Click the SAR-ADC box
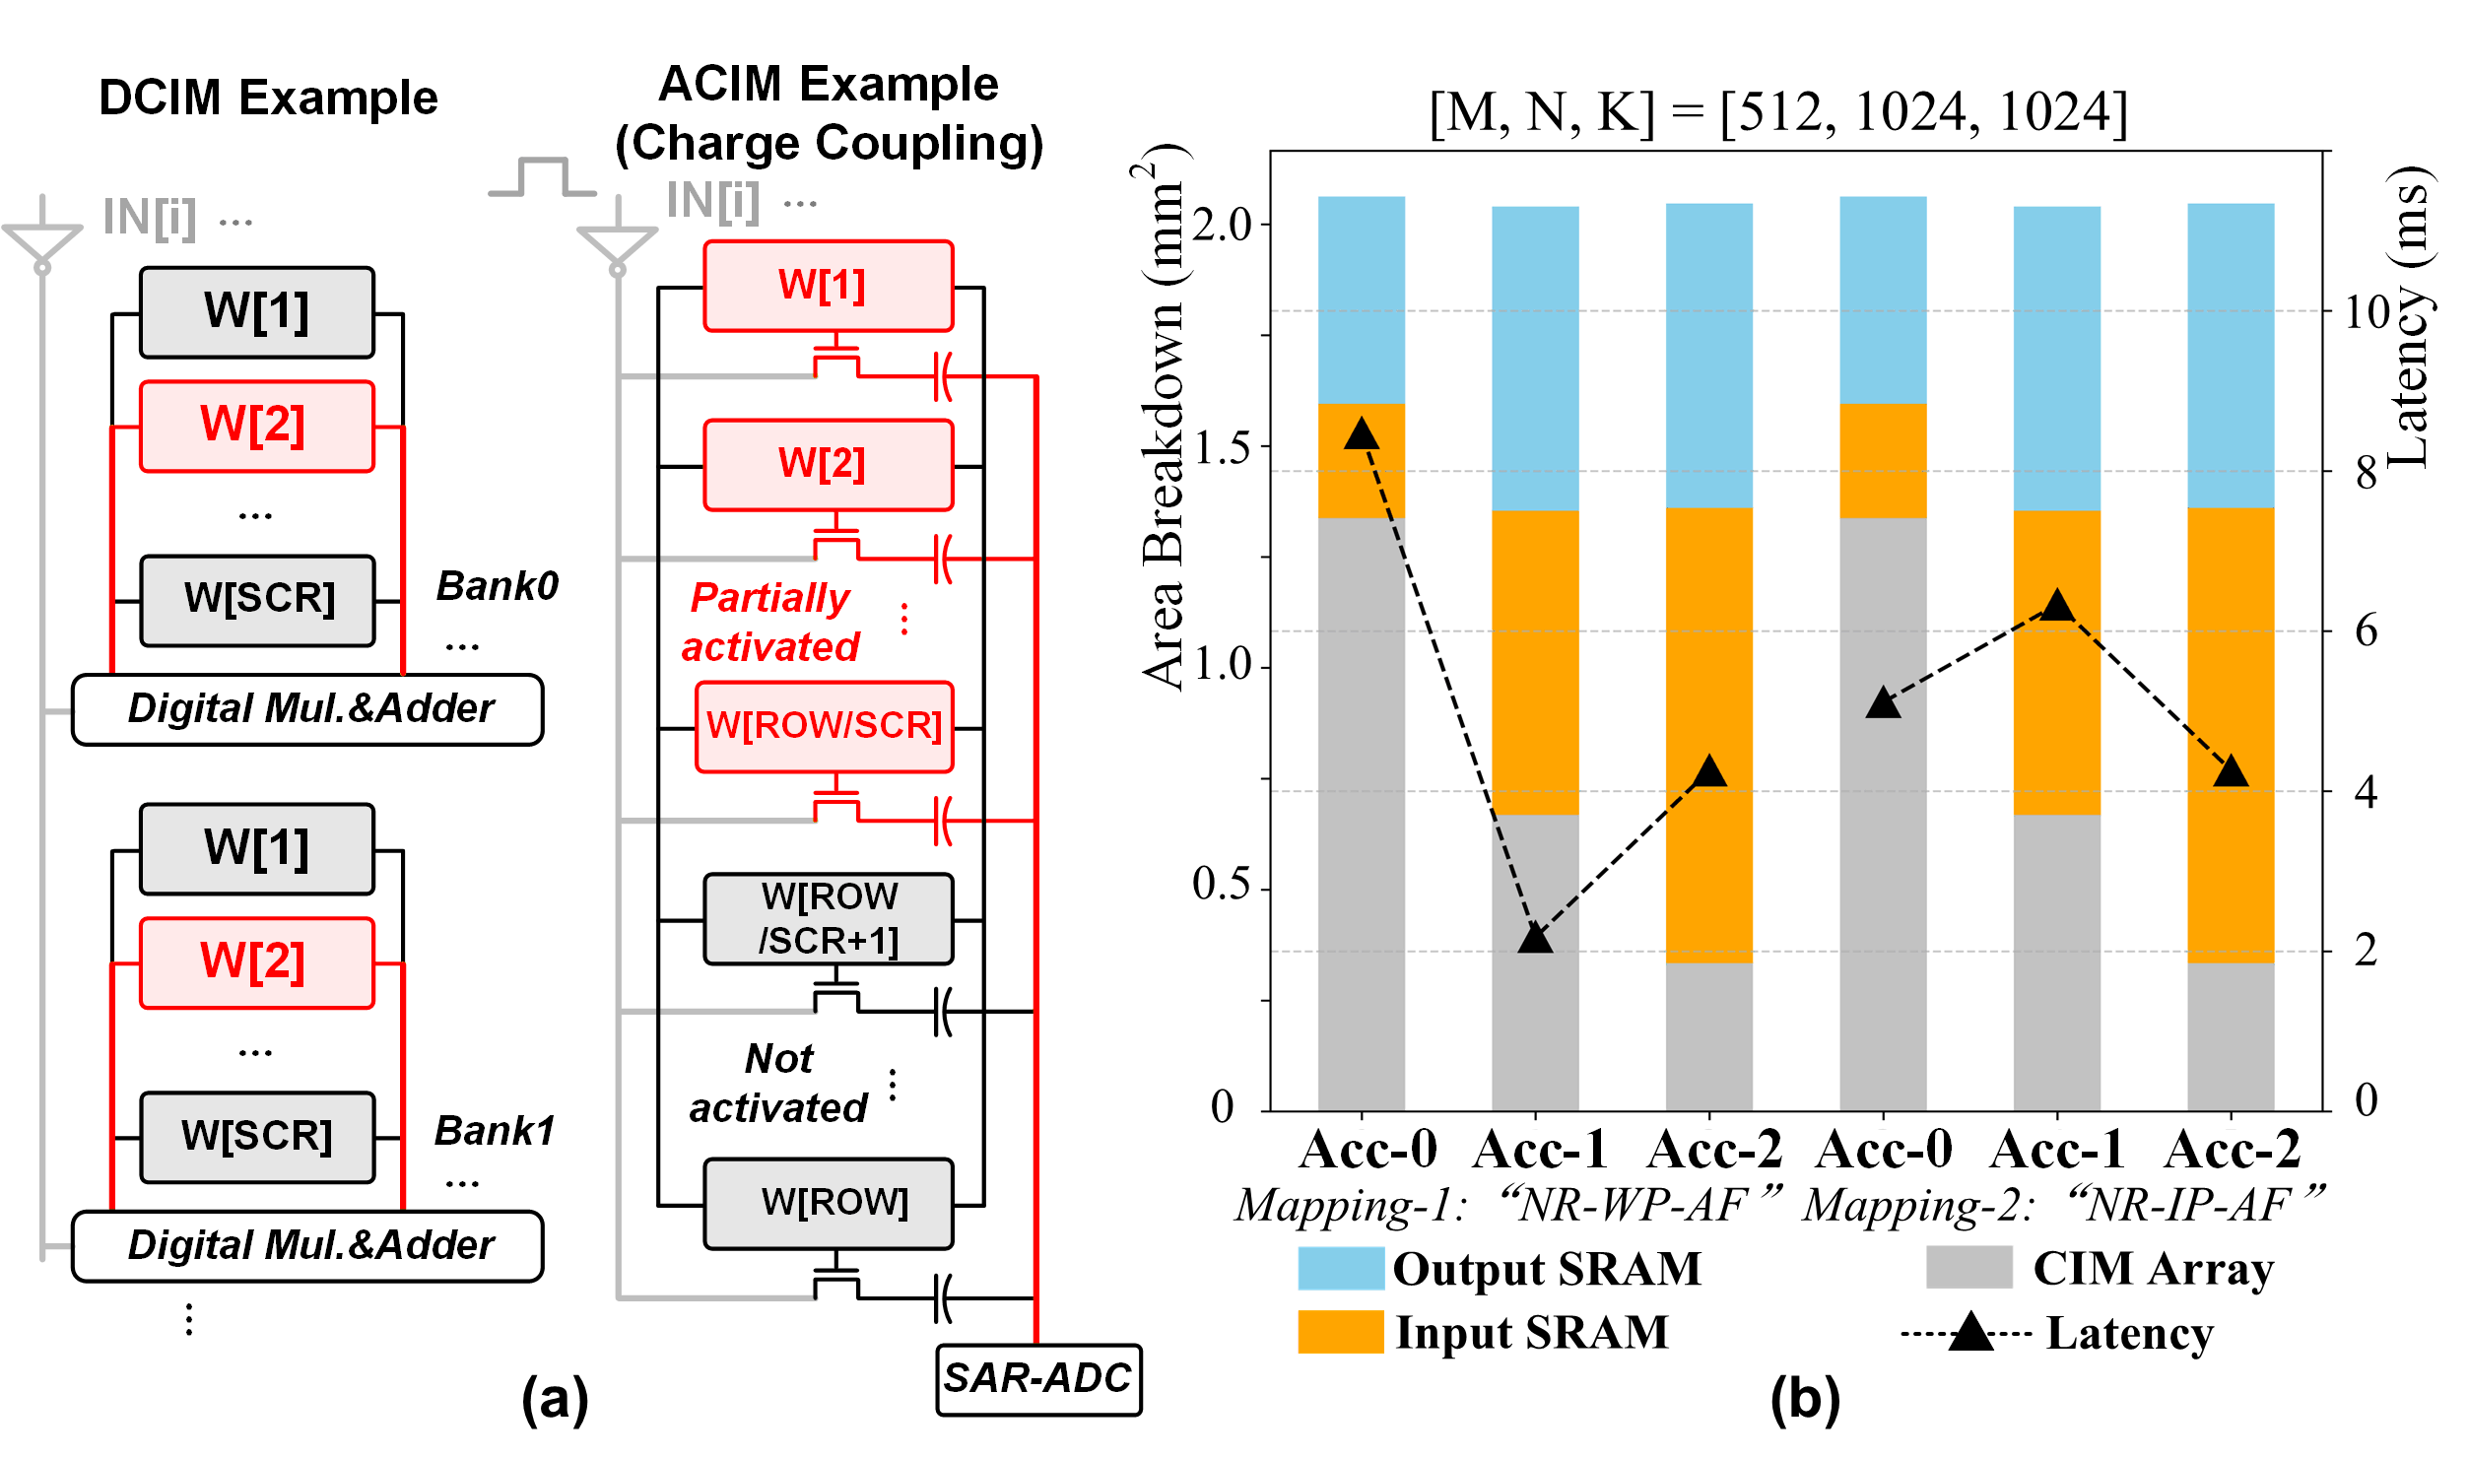click(x=1037, y=1378)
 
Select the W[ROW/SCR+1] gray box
click(x=828, y=918)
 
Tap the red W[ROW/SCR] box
click(x=824, y=726)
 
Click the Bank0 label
click(x=497, y=586)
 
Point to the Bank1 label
click(x=495, y=1131)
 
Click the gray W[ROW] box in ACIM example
click(x=828, y=1203)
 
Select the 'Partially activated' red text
click(x=770, y=623)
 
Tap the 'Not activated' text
click(x=777, y=1084)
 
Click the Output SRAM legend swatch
click(x=1340, y=1268)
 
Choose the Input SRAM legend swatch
click(x=1340, y=1332)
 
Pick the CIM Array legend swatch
click(x=1968, y=1268)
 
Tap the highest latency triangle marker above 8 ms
click(x=1362, y=433)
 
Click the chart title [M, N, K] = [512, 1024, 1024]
click(x=1778, y=112)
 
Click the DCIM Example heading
click(x=268, y=98)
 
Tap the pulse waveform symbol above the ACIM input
click(x=542, y=177)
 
